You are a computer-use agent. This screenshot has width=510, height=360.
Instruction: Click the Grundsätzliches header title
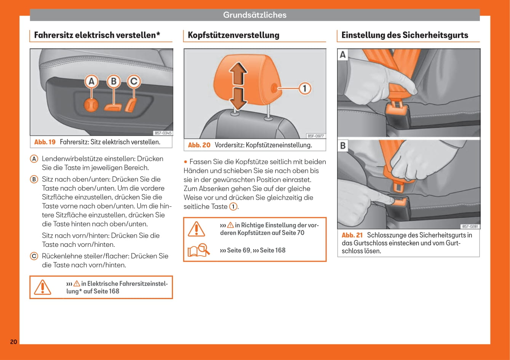(254, 15)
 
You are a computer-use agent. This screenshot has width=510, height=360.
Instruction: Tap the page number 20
(13, 342)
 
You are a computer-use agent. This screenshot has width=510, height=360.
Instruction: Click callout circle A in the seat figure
(91, 82)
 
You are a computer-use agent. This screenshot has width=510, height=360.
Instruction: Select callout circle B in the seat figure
(113, 82)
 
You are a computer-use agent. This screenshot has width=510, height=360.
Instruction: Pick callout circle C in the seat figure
(133, 82)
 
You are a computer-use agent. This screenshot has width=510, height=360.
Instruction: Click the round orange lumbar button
(91, 104)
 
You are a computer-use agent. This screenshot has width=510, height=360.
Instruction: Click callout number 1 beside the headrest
(304, 88)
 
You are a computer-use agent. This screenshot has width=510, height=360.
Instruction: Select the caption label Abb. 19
(45, 142)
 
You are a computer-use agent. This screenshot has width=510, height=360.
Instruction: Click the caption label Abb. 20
(199, 145)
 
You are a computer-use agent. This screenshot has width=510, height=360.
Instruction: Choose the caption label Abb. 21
(352, 235)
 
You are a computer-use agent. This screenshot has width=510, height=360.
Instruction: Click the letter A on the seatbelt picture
(343, 55)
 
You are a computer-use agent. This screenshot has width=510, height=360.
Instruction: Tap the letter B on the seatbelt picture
(343, 146)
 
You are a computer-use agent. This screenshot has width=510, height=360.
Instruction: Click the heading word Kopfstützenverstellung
(233, 35)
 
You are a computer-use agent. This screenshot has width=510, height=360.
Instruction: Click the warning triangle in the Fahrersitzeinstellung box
(42, 287)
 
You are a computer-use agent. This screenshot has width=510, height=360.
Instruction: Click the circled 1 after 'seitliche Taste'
(233, 206)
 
